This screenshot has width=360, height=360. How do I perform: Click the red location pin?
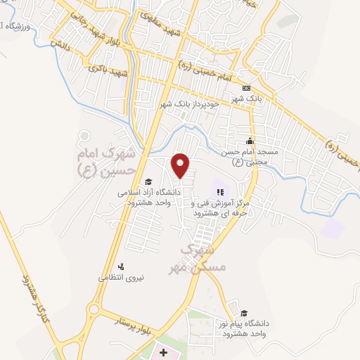point(181,165)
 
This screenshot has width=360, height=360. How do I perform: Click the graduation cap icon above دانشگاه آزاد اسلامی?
point(148,182)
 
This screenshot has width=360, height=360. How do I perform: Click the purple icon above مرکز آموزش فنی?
point(219,191)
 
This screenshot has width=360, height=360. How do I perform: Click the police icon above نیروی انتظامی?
point(121,266)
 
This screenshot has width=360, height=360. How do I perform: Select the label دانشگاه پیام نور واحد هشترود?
point(243,327)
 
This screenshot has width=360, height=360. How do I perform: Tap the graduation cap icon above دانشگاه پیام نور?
point(243,314)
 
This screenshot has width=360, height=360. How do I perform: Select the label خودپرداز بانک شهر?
point(188,103)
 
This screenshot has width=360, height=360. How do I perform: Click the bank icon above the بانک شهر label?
point(245,88)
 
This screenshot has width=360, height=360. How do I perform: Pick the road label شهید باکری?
point(105,72)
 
